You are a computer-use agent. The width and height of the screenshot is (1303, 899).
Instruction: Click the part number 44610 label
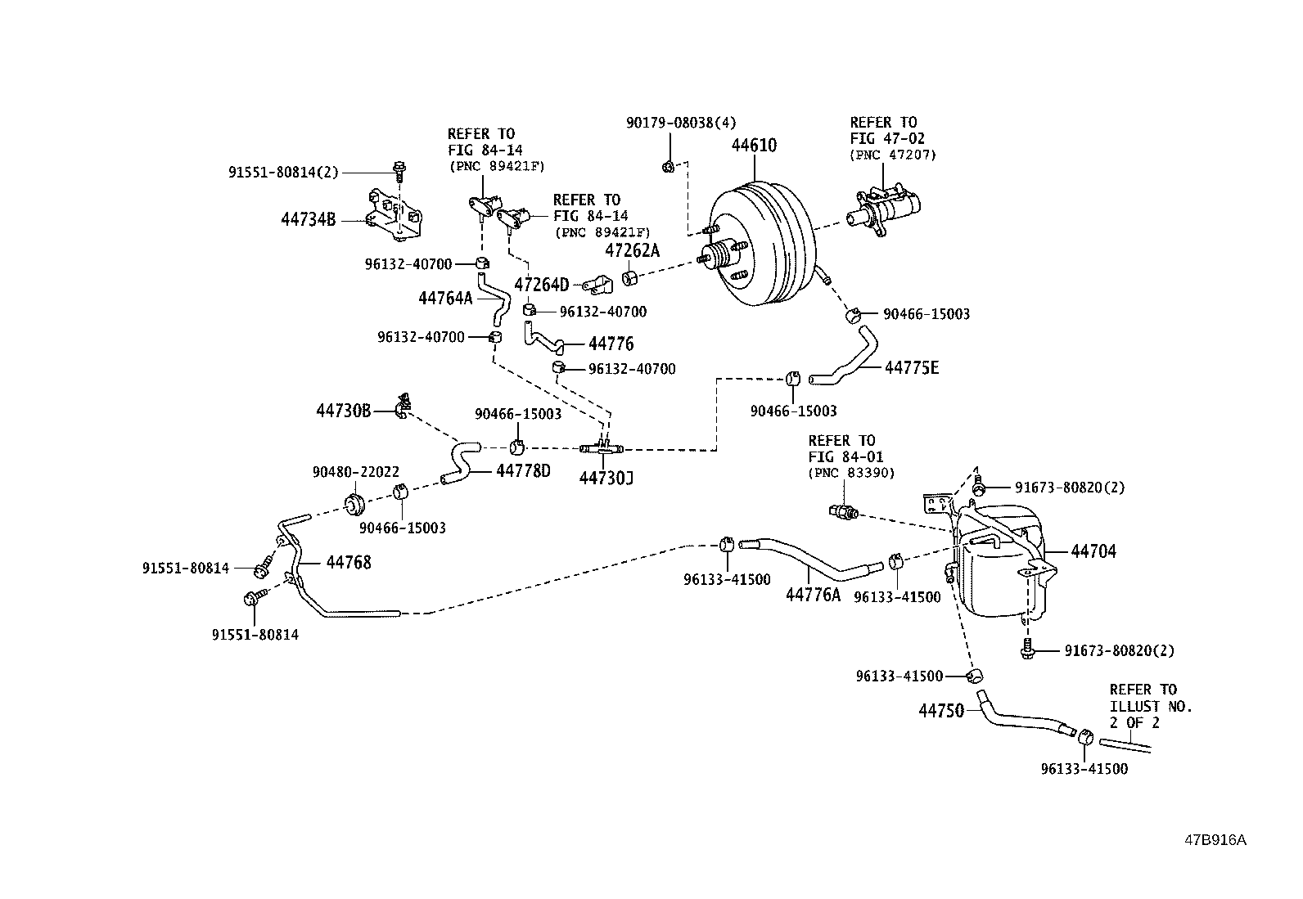tap(754, 146)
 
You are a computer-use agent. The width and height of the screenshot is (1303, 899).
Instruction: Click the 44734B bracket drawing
tap(396, 217)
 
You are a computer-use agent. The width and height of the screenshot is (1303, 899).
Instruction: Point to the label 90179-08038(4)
tap(681, 123)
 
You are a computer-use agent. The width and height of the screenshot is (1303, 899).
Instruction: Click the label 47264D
tap(541, 285)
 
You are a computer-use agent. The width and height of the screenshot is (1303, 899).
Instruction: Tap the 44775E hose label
tap(911, 368)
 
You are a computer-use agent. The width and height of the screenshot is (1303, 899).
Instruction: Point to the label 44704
tap(1093, 551)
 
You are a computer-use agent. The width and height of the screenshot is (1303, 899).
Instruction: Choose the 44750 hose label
tap(941, 712)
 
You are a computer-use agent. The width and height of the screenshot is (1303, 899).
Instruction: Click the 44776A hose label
tap(813, 595)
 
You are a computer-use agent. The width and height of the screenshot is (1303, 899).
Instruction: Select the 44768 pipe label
tap(349, 562)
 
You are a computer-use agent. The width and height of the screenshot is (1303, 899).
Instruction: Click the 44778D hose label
tap(523, 471)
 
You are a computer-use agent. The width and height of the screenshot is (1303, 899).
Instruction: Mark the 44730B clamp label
tap(344, 411)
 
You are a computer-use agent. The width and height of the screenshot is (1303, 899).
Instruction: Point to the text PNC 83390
tap(851, 473)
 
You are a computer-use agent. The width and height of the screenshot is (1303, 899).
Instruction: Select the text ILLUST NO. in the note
tap(1151, 706)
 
